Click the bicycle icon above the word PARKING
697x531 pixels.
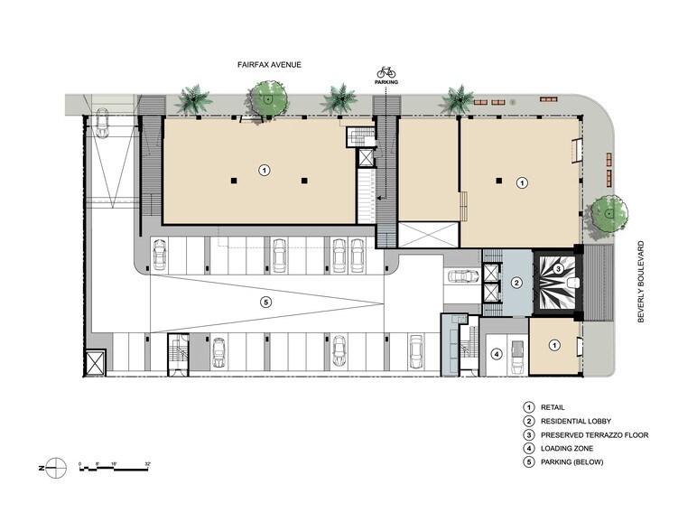[x=386, y=72]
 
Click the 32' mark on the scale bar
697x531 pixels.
[x=146, y=463]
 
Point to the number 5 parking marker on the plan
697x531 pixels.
[x=265, y=303]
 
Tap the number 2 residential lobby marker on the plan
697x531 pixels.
[x=516, y=284]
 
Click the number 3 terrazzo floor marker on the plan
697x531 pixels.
[x=559, y=268]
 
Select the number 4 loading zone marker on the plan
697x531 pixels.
[x=496, y=354]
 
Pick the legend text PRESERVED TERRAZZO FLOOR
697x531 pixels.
[x=594, y=435]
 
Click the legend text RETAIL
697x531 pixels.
[x=553, y=407]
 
